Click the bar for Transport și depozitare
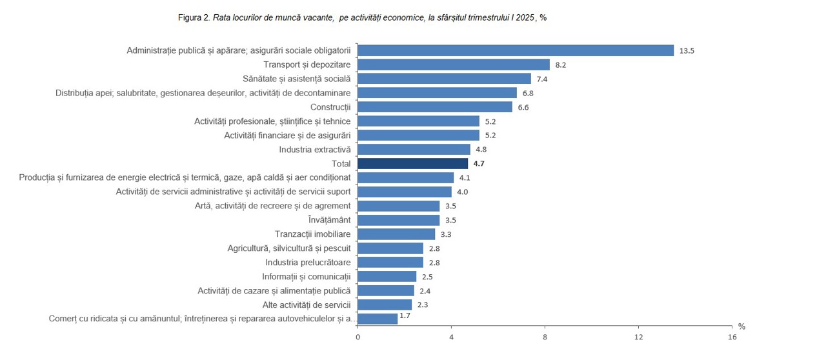(453, 65)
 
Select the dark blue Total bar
(412, 163)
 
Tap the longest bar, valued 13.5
(515, 50)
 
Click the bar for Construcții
(434, 107)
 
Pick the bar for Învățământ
(398, 220)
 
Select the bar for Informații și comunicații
(387, 277)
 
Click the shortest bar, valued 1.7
(377, 319)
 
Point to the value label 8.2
(560, 65)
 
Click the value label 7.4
(541, 79)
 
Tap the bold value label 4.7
(478, 164)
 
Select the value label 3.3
(445, 235)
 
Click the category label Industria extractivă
(314, 149)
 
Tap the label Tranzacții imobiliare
(312, 234)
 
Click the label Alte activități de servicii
(306, 305)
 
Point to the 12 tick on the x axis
(638, 337)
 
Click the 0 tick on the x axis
(358, 337)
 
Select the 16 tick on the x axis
(732, 337)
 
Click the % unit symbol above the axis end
(741, 326)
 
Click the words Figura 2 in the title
(194, 17)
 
